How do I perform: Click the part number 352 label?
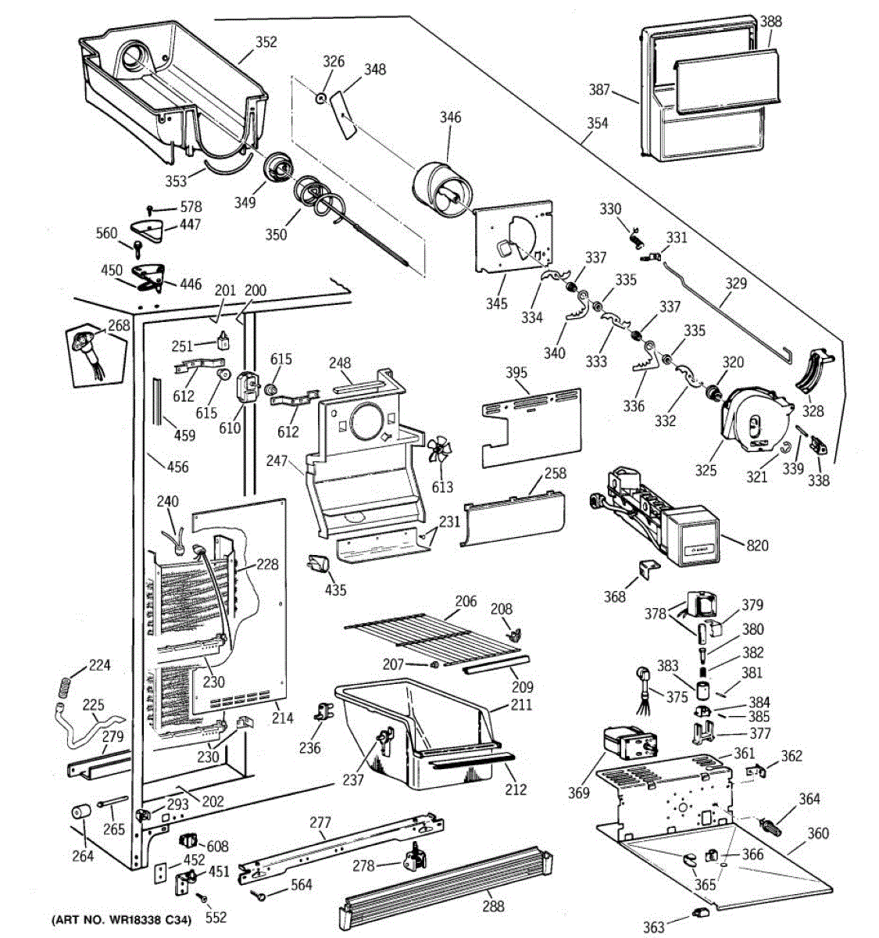coord(266,42)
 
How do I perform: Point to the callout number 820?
coord(757,545)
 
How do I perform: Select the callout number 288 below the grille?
coord(493,907)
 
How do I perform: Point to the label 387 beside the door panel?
coord(599,90)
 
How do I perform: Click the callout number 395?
coord(516,373)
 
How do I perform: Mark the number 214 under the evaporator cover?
coord(282,717)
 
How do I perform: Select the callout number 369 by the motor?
coord(579,793)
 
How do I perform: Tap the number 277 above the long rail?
coord(320,822)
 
